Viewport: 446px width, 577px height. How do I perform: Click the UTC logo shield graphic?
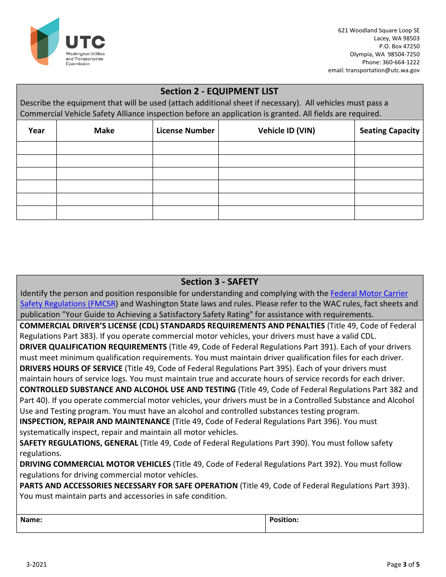click(x=45, y=42)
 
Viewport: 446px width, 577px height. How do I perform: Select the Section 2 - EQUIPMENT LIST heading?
click(x=219, y=91)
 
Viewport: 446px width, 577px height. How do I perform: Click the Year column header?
click(x=37, y=131)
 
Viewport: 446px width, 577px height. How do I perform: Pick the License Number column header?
click(x=185, y=131)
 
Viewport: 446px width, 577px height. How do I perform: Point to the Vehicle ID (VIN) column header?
click(x=286, y=131)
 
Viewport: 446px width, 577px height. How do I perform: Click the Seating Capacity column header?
click(x=389, y=131)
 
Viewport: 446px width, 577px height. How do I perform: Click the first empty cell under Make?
click(x=104, y=148)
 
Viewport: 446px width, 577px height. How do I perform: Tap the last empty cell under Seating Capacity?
click(x=389, y=213)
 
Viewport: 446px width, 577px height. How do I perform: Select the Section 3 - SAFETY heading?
click(x=219, y=282)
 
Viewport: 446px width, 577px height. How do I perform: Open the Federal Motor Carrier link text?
click(x=369, y=294)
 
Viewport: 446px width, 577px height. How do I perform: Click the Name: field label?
click(x=31, y=520)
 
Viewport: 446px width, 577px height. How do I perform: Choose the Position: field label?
click(x=284, y=520)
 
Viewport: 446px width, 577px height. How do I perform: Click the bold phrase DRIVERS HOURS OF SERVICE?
click(x=71, y=368)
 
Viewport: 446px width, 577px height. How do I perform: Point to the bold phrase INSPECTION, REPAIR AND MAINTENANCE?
click(x=95, y=422)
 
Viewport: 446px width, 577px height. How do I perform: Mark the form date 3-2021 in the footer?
click(x=36, y=564)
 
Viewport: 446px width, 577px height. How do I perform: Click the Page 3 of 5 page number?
click(x=403, y=564)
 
